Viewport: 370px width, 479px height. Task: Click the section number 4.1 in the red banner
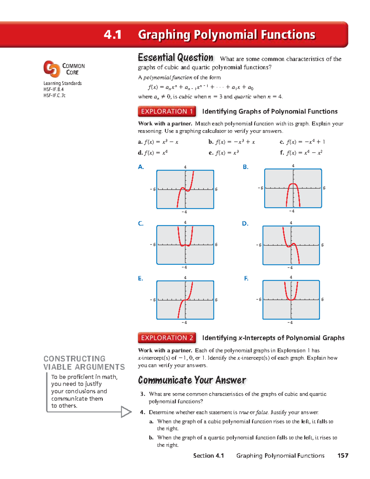click(113, 35)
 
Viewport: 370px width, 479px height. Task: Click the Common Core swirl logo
click(51, 68)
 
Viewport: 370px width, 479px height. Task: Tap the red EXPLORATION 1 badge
click(167, 111)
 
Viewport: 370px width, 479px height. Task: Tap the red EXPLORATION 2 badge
click(167, 338)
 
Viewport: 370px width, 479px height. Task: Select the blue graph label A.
click(141, 167)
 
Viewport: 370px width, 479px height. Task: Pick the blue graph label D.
click(245, 223)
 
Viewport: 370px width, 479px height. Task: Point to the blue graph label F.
click(246, 278)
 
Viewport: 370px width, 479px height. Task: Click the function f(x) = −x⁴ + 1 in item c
click(305, 142)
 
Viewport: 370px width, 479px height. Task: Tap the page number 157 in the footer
click(343, 456)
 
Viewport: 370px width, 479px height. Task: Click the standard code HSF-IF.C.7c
click(55, 95)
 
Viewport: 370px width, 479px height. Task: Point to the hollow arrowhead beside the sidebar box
click(126, 412)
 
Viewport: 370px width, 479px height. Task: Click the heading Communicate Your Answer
click(192, 380)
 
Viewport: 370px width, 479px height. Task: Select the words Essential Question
click(175, 58)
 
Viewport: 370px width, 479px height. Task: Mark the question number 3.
click(142, 394)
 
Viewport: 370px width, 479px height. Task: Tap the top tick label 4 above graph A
click(185, 167)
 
